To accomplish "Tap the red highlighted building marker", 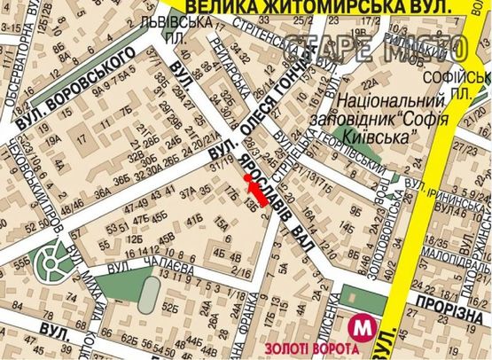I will (x=254, y=189).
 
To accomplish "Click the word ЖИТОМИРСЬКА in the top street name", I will (x=294, y=8).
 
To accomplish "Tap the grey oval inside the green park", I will (x=148, y=294).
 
